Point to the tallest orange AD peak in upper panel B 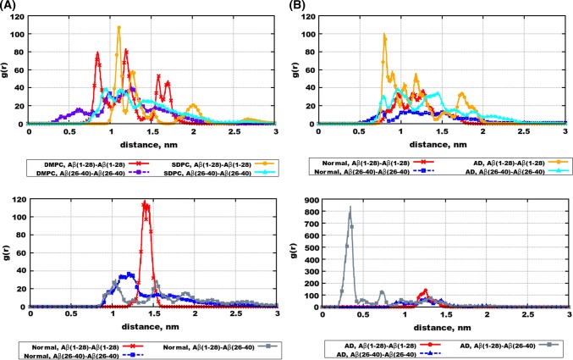[x=385, y=36]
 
